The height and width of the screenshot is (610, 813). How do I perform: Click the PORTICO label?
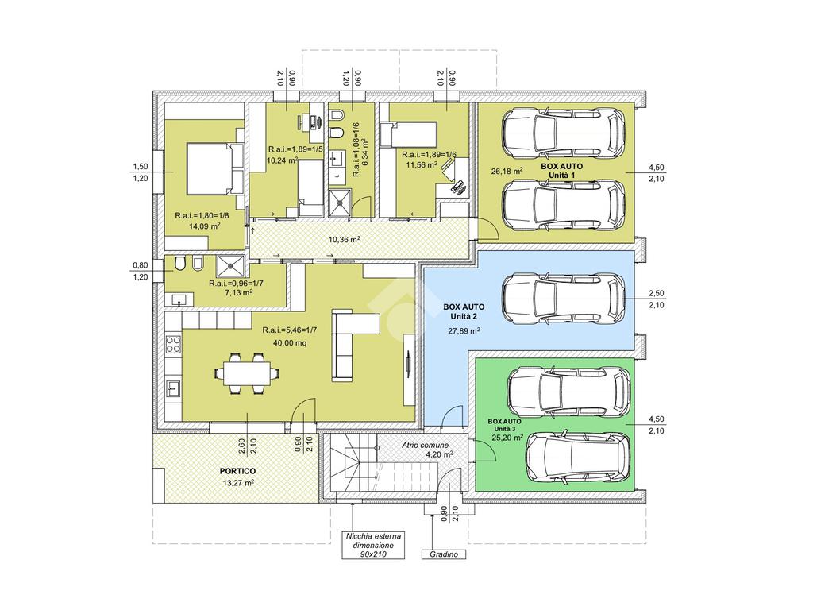pyautogui.click(x=237, y=471)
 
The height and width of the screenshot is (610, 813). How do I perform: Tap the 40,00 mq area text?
pyautogui.click(x=289, y=342)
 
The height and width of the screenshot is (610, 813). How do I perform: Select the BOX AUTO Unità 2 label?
pyautogui.click(x=464, y=311)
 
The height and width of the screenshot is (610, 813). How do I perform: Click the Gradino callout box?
pyautogui.click(x=443, y=554)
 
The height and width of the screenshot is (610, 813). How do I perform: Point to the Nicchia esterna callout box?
pyautogui.click(x=373, y=545)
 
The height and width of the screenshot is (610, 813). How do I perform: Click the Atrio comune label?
pyautogui.click(x=426, y=445)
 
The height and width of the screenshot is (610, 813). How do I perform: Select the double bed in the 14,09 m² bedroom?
pyautogui.click(x=214, y=168)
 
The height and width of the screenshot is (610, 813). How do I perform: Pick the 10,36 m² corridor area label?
pyautogui.click(x=345, y=239)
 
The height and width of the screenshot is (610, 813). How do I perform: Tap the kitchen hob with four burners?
pyautogui.click(x=173, y=345)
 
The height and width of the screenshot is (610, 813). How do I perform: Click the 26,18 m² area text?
pyautogui.click(x=507, y=171)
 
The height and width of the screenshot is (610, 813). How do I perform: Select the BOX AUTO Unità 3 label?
pyautogui.click(x=504, y=425)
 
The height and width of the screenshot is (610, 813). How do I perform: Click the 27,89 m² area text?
pyautogui.click(x=464, y=330)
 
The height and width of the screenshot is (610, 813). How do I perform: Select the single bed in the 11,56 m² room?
pyautogui.click(x=409, y=133)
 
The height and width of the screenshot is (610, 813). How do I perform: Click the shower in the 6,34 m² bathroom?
pyautogui.click(x=341, y=203)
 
